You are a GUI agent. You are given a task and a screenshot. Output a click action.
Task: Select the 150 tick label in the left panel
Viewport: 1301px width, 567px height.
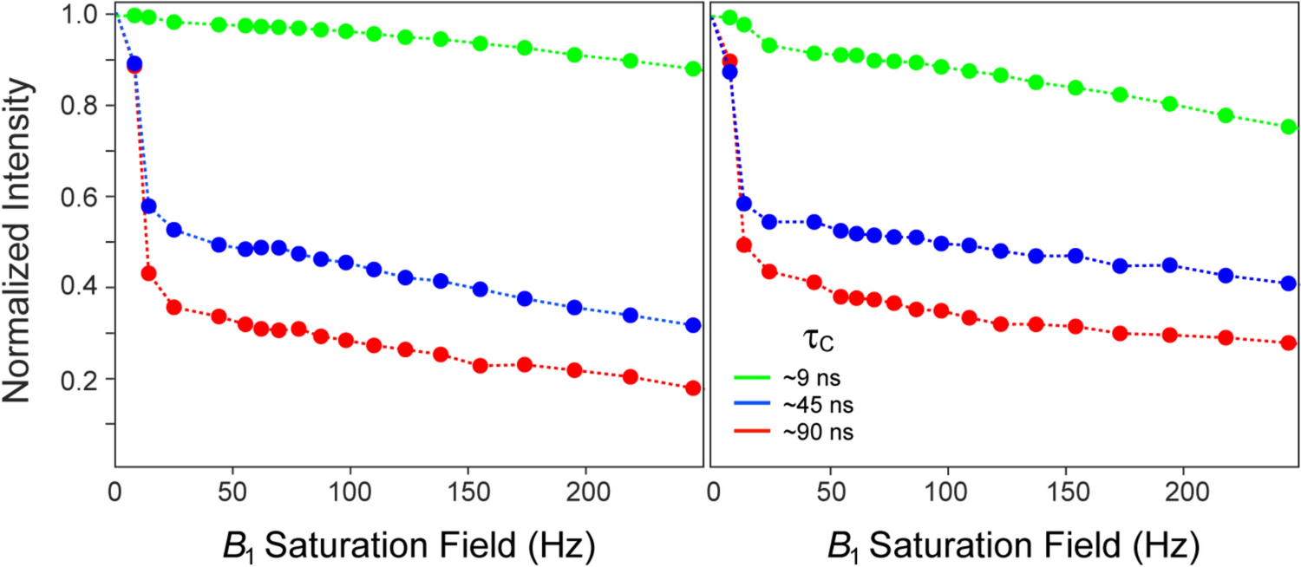pyautogui.click(x=467, y=489)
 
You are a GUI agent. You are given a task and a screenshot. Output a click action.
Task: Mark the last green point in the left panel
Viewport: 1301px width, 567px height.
pyautogui.click(x=692, y=68)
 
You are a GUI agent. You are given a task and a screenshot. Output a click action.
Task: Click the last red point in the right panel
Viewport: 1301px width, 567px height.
pyautogui.click(x=1288, y=342)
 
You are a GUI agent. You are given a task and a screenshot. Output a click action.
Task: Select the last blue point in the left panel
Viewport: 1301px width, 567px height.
pyautogui.click(x=692, y=325)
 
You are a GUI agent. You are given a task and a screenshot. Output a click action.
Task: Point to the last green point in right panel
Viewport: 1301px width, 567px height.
pyautogui.click(x=1288, y=127)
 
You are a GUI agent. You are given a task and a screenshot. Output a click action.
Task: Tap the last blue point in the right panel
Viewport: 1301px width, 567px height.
pyautogui.click(x=1288, y=283)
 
